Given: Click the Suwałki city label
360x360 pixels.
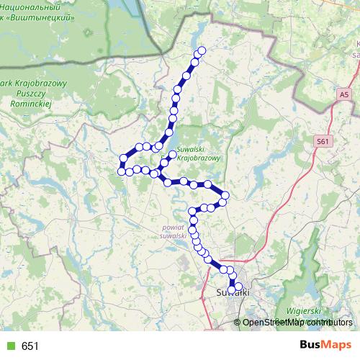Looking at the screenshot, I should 232,292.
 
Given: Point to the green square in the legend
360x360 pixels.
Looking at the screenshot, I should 10,346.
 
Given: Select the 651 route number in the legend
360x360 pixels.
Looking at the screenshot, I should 30,346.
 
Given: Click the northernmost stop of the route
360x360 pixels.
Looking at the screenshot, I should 202,50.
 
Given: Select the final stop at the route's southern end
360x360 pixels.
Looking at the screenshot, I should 233,290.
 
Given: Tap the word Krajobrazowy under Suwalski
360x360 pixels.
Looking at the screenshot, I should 199,156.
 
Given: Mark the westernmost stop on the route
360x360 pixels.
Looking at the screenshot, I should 121,171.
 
